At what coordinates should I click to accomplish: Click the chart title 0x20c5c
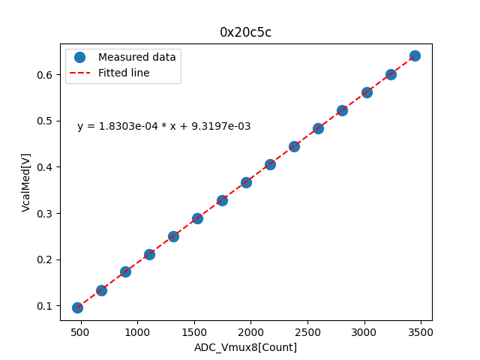pyautogui.click(x=246, y=32)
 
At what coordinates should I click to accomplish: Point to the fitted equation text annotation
pyautogui.click(x=163, y=126)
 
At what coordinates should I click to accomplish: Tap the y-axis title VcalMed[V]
pyautogui.click(x=26, y=182)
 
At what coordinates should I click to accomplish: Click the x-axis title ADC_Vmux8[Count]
pyautogui.click(x=246, y=347)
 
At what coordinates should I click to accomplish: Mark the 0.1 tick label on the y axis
pyautogui.click(x=46, y=306)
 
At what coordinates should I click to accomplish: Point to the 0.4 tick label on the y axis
pyautogui.click(x=46, y=167)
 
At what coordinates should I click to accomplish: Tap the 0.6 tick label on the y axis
pyautogui.click(x=46, y=75)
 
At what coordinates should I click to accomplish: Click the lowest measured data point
pyautogui.click(x=77, y=307)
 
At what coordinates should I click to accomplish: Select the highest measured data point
pyautogui.click(x=415, y=55)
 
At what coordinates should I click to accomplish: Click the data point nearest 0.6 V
pyautogui.click(x=391, y=74)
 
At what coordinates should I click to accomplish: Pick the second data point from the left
pyautogui.click(x=101, y=290)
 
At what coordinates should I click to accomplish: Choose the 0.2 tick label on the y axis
pyautogui.click(x=46, y=259)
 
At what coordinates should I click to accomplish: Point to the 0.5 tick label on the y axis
pyautogui.click(x=46, y=121)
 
